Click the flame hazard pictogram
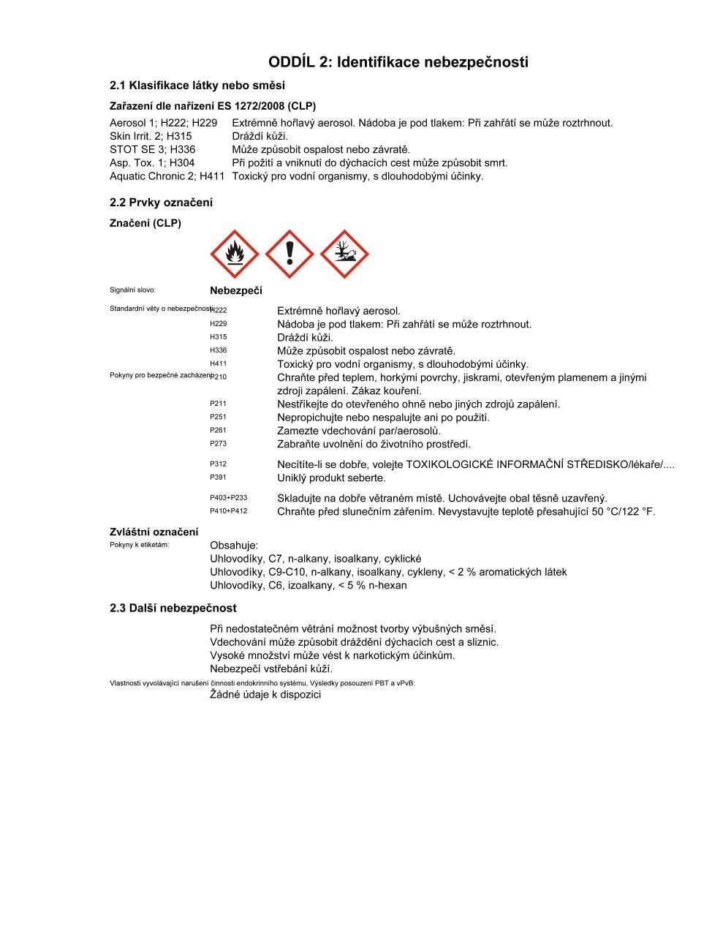pos(235,254)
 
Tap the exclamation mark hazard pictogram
pos(289,254)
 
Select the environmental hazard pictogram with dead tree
pos(344,254)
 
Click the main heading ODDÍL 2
pos(398,62)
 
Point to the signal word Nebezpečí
pos(235,290)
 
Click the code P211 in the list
pos(218,404)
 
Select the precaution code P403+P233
pos(228,498)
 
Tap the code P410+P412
pos(228,511)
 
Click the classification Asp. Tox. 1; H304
pos(152,162)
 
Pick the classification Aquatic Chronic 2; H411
pos(167,176)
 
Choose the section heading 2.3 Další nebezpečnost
pos(173,608)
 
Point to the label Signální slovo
pos(132,290)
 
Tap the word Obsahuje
pos(234,546)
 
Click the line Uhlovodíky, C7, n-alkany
pos(315,559)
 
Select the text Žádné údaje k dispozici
pos(265,694)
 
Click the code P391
pos(218,478)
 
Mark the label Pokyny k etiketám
pos(139,545)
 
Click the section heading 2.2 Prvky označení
pos(161,203)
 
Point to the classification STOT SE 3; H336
pos(152,149)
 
